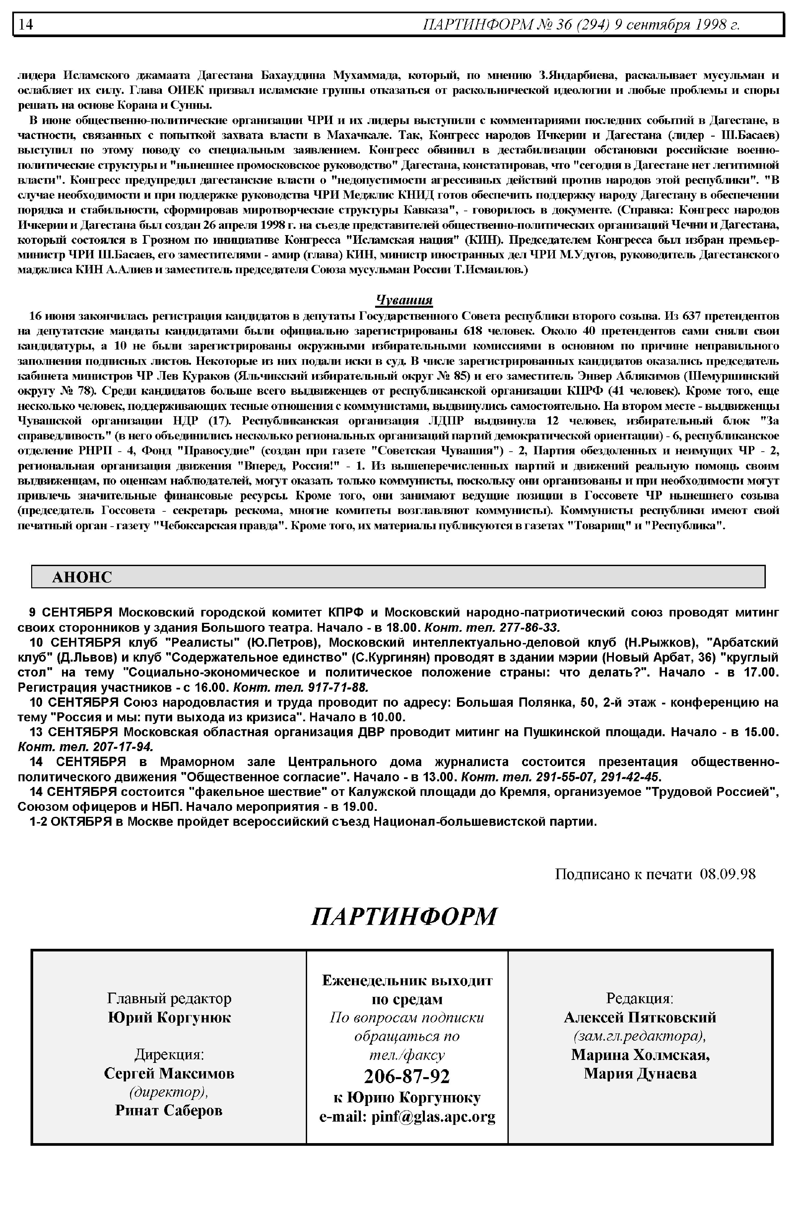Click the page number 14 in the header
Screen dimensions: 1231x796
click(x=26, y=24)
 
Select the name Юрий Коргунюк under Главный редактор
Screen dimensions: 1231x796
click(x=169, y=1017)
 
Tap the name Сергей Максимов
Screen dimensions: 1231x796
click(x=169, y=1073)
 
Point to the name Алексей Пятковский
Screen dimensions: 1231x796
click(x=639, y=1017)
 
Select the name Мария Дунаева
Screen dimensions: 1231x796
click(x=640, y=1073)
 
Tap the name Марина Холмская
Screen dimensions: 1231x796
click(x=640, y=1055)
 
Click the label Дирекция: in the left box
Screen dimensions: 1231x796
click(x=169, y=1054)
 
